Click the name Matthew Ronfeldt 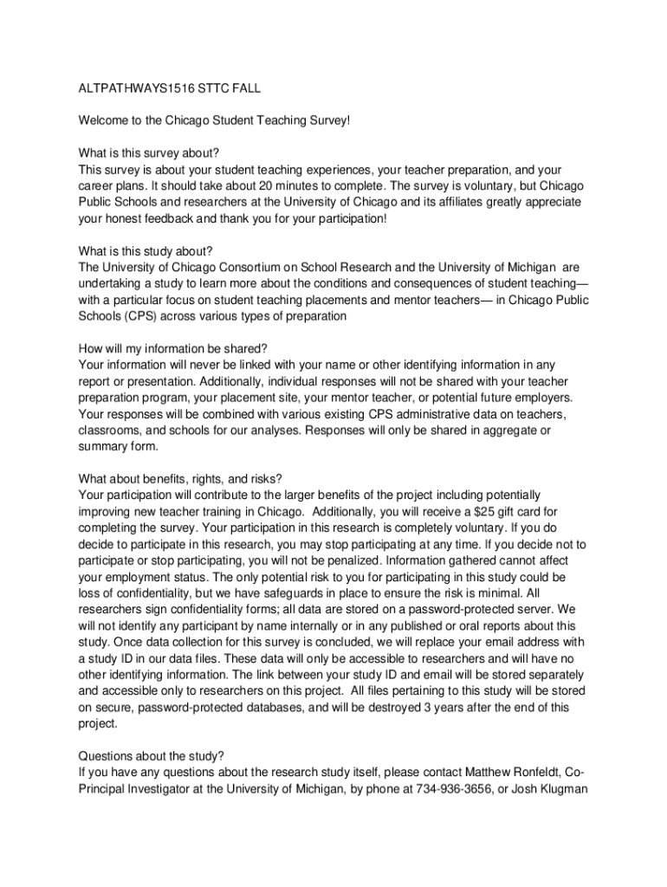tap(520, 772)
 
